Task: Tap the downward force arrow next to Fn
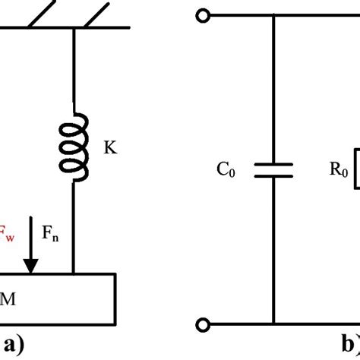coord(31,244)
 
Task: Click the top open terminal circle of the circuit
coord(203,15)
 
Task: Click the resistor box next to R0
coord(355,169)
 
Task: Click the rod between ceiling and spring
coord(74,68)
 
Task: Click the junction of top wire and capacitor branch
coord(274,15)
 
